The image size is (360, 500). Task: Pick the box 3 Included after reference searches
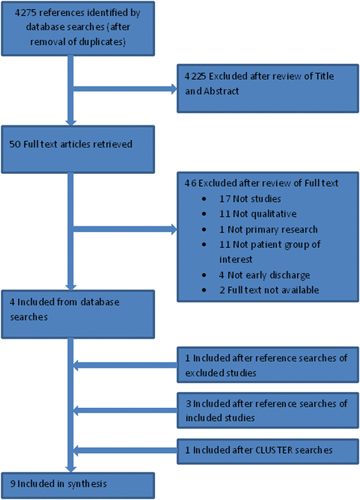pyautogui.click(x=267, y=411)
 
